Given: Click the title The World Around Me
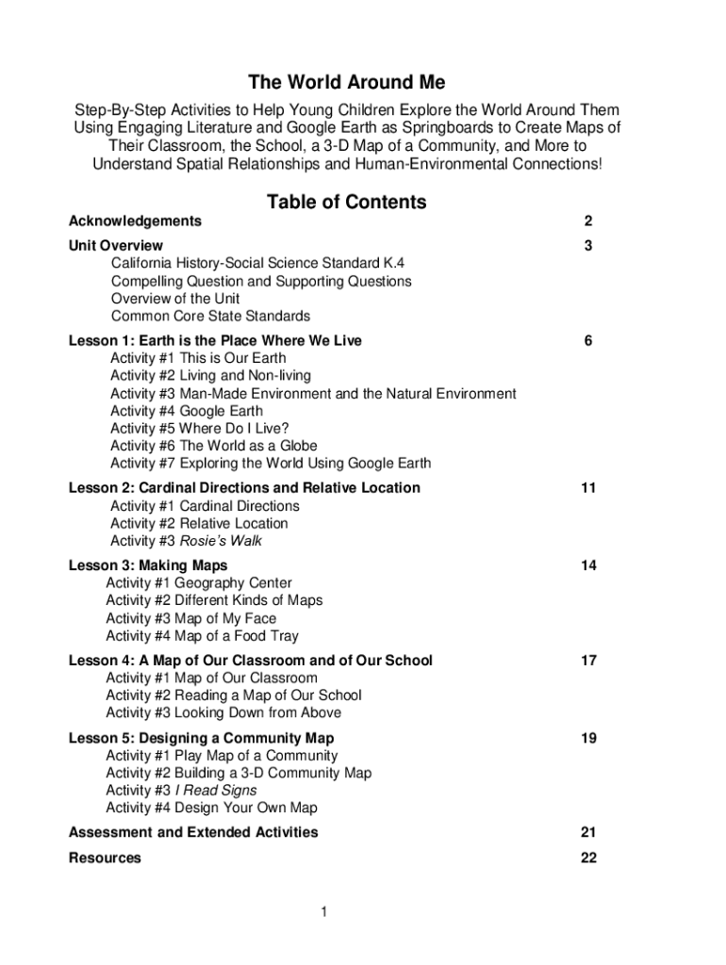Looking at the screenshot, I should coord(346,83).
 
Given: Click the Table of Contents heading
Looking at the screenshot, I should coord(346,202).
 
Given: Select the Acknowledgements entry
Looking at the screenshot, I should coord(135,221).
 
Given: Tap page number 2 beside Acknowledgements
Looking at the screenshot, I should coord(587,221).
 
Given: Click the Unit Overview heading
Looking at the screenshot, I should coord(116,246).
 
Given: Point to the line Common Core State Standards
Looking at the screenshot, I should coord(210,316).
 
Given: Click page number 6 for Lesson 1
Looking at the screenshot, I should coord(587,340).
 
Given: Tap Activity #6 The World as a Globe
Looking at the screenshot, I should coord(214,446).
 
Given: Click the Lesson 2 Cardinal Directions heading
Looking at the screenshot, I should coord(244,488).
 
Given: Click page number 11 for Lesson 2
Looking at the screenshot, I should coord(588,488).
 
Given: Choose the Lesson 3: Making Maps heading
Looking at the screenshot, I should coord(148,565).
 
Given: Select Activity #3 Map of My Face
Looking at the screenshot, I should coord(191,618).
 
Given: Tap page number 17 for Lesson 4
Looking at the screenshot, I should coord(588,661).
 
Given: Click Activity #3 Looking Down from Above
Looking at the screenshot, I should coord(223,712).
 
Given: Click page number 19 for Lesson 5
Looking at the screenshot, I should coord(588,738).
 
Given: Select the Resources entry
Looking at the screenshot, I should coord(105,858).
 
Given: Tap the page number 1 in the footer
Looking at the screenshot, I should coord(323,912).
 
